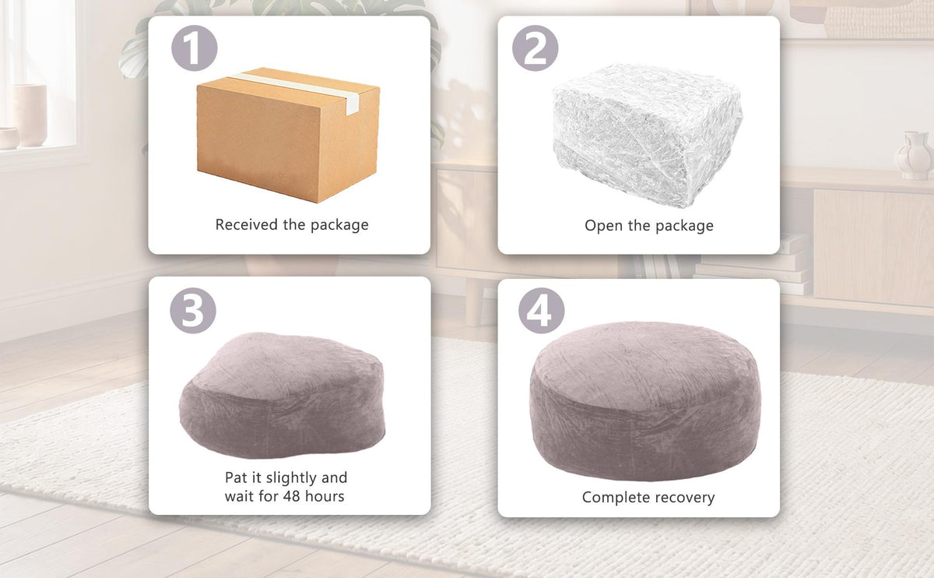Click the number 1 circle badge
pos(195,48)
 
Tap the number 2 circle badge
pos(535,48)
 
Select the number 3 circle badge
pos(193,311)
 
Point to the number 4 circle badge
pos(542,311)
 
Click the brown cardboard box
pos(288,135)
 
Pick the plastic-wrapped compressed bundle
pos(647,135)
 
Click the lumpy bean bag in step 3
pos(282,394)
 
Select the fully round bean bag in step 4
pos(645,400)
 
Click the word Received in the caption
pos(247,224)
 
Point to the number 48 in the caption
pos(291,496)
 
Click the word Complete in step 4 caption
pos(611,498)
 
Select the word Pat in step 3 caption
pos(236,478)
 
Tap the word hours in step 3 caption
pos(325,496)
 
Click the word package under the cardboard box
pos(339,225)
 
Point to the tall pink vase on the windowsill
pos(30,115)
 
